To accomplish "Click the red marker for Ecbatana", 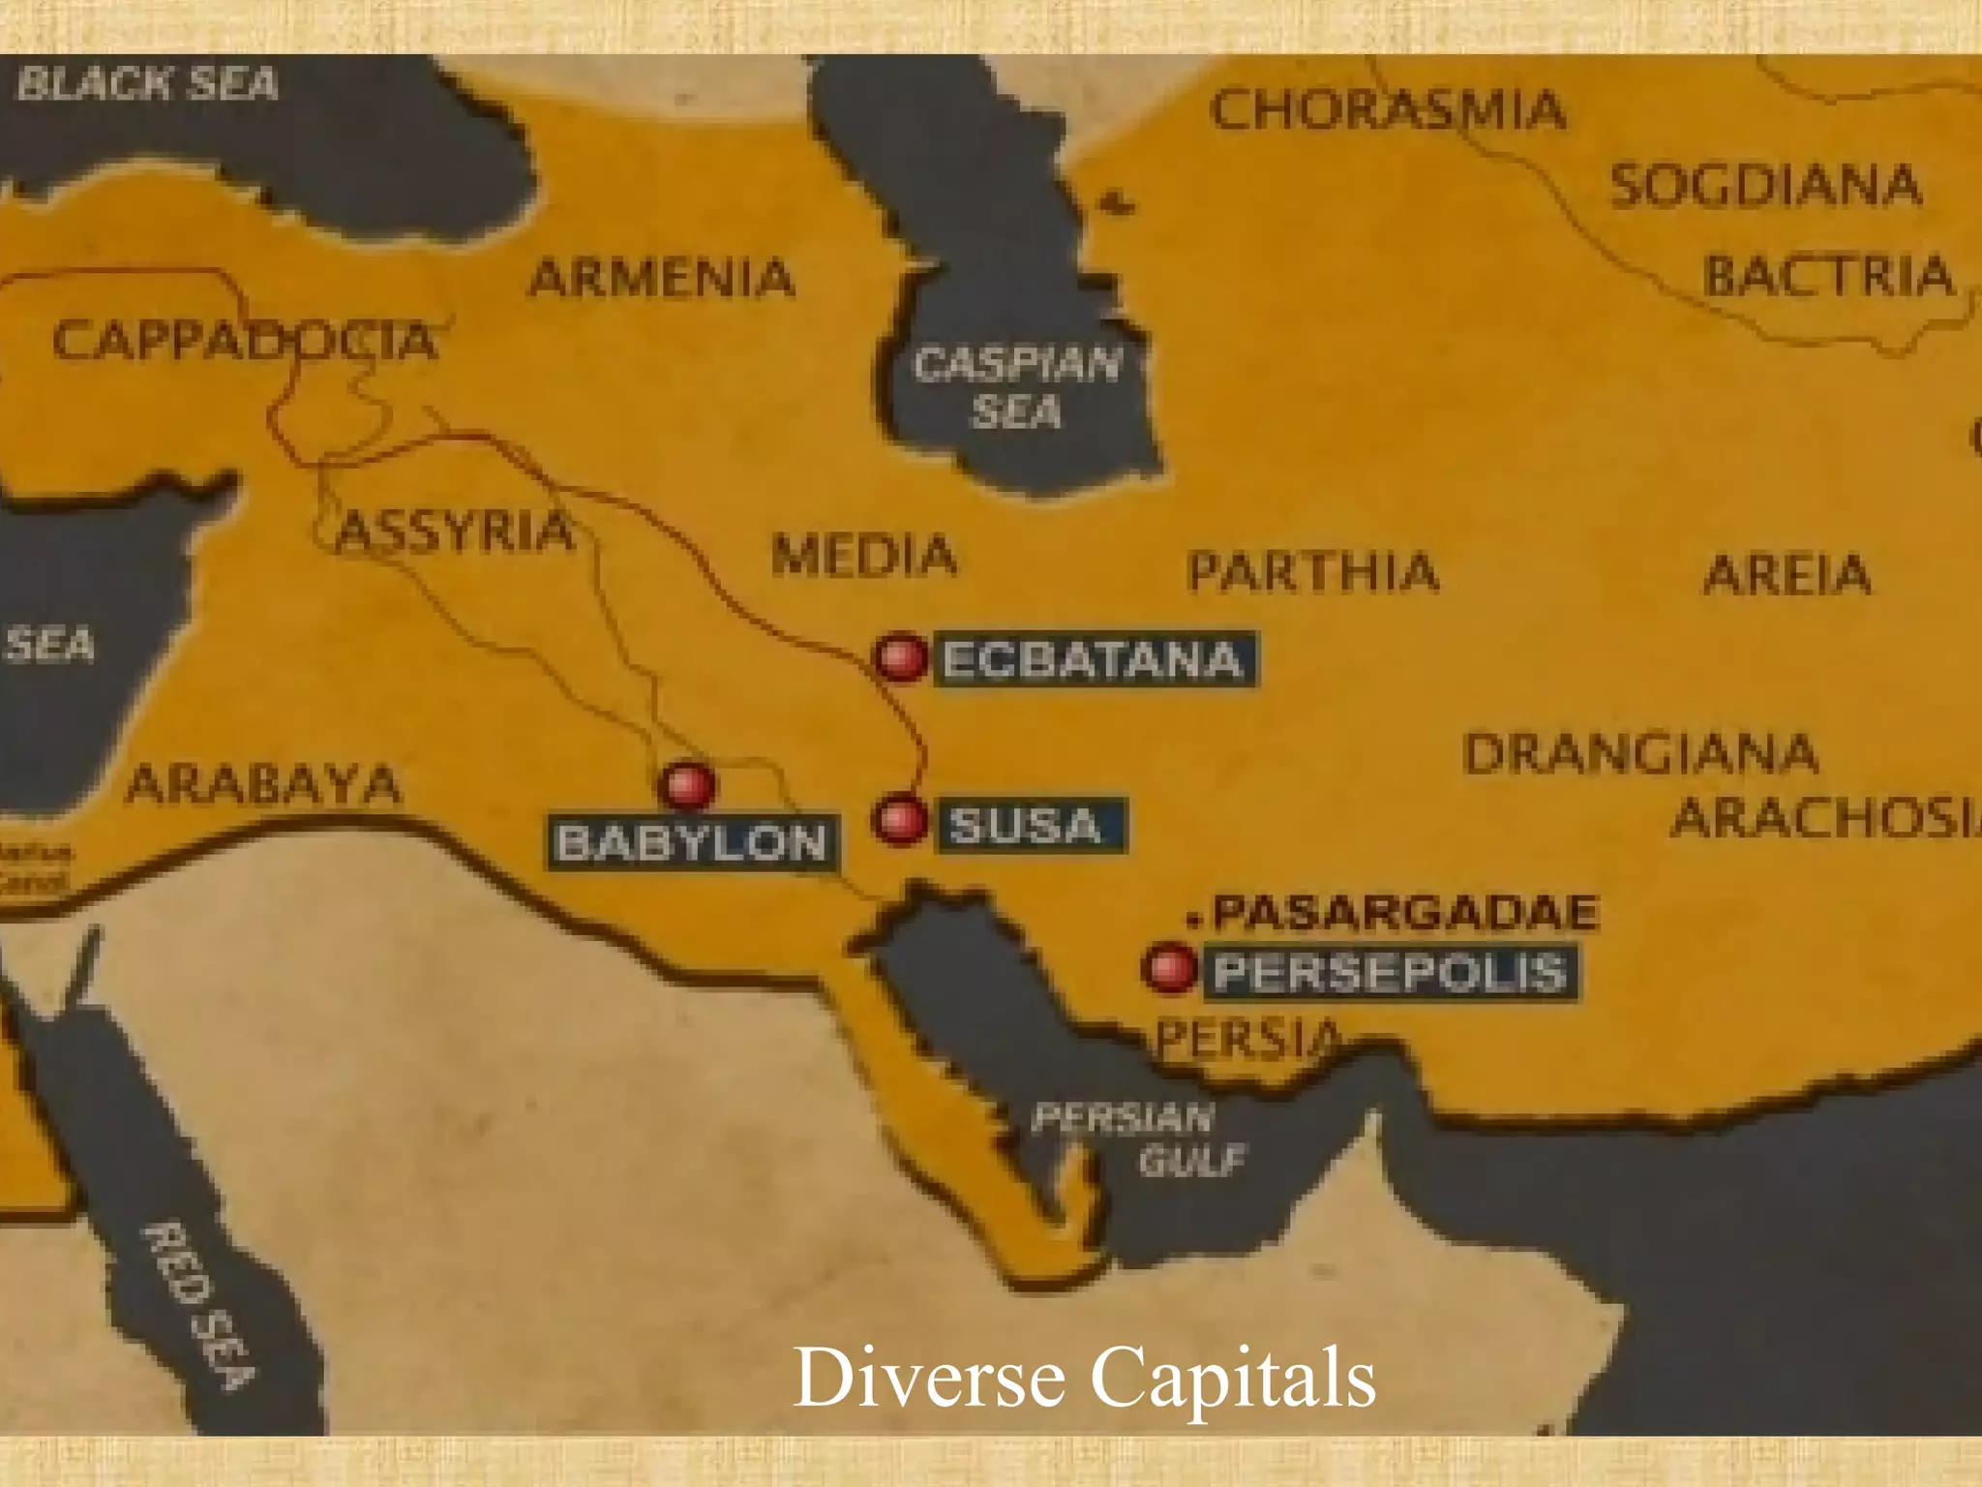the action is pos(900,658).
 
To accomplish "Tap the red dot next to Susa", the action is pos(900,820).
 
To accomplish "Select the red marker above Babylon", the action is pos(686,784).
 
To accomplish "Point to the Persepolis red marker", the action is pos(1169,967).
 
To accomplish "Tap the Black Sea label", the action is pos(147,84).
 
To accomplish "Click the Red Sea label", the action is pos(201,1304).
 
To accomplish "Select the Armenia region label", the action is pos(662,279).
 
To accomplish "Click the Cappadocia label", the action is pos(244,341).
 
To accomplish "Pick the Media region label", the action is pos(863,556).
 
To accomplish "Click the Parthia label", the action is pos(1312,570).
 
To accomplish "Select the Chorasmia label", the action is pos(1387,109).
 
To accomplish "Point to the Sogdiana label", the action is pos(1765,185).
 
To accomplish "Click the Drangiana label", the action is pos(1639,753).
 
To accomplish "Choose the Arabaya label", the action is pos(263,784).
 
